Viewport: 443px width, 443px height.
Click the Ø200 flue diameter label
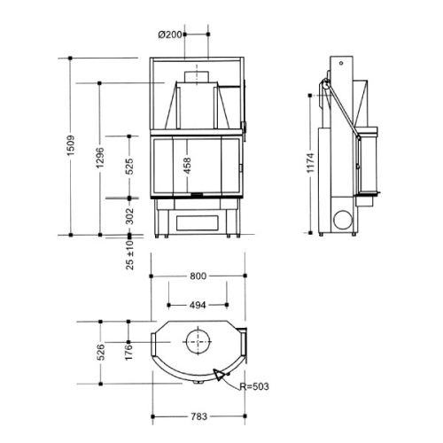coord(170,35)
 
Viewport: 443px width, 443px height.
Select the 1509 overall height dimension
coord(71,146)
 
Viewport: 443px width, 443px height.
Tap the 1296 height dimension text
coord(100,158)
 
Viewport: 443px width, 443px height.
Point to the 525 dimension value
coord(129,167)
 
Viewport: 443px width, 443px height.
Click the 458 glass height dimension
coord(187,166)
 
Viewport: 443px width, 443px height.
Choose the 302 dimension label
coord(129,216)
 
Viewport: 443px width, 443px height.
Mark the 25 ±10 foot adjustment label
coord(130,255)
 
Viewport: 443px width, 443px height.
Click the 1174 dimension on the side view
coord(311,163)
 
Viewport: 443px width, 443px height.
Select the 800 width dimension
coord(198,276)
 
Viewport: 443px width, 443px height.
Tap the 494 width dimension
coord(198,305)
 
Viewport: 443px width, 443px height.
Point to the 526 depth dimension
coord(101,352)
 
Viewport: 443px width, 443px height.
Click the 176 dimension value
coord(128,352)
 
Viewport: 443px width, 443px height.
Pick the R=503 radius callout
coord(254,386)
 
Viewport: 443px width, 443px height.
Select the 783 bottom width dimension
coord(198,416)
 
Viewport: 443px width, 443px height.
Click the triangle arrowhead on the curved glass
coord(219,375)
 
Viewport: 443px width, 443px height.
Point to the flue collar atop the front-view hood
coord(197,77)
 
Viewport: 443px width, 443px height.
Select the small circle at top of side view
coord(341,63)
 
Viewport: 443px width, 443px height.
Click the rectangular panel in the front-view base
coord(198,223)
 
